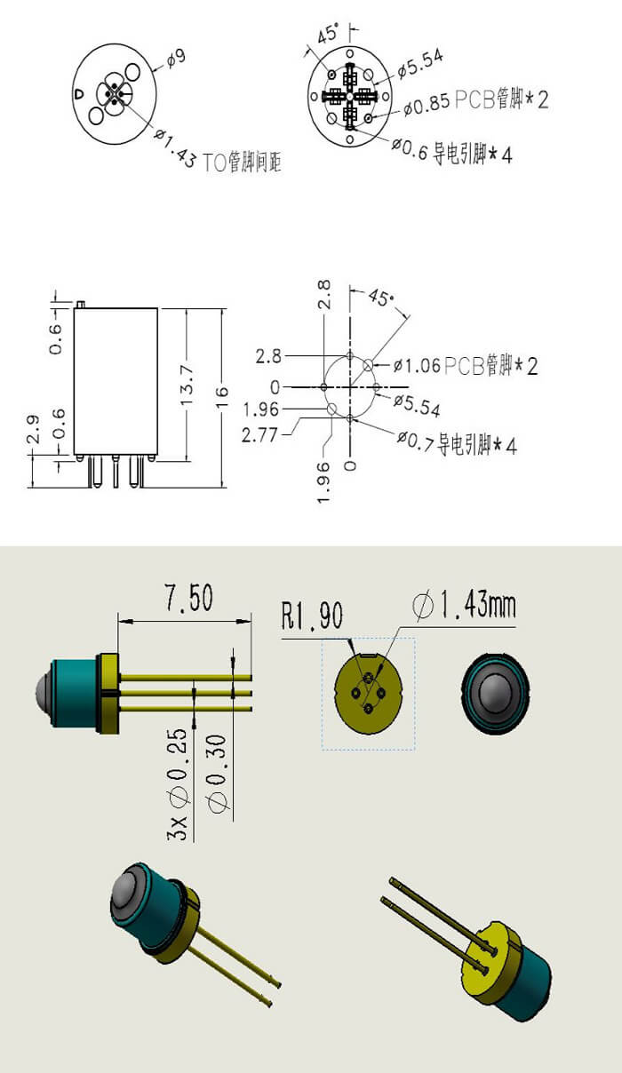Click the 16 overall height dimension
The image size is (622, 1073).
pyautogui.click(x=222, y=392)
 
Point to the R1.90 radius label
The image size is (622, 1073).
pyautogui.click(x=311, y=616)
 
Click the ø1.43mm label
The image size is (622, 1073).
pyautogui.click(x=464, y=607)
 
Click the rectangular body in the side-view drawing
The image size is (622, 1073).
pyautogui.click(x=116, y=382)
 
